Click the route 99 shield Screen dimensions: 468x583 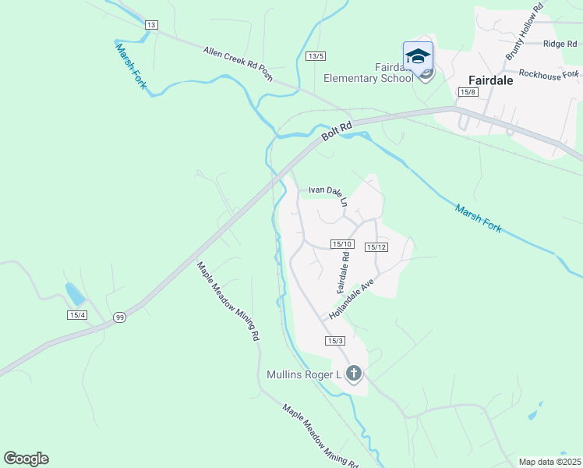[119, 317]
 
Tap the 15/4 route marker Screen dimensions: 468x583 [76, 314]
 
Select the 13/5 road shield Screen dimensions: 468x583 [315, 55]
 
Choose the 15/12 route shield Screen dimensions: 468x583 [376, 247]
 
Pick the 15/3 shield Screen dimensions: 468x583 [335, 341]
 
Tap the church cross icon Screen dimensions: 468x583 [354, 374]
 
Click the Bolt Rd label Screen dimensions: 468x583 [337, 130]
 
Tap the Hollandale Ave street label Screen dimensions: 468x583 [352, 299]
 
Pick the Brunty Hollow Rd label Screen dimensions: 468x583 [523, 32]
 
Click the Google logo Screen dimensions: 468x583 [26, 459]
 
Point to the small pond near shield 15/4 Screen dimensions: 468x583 [75, 293]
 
